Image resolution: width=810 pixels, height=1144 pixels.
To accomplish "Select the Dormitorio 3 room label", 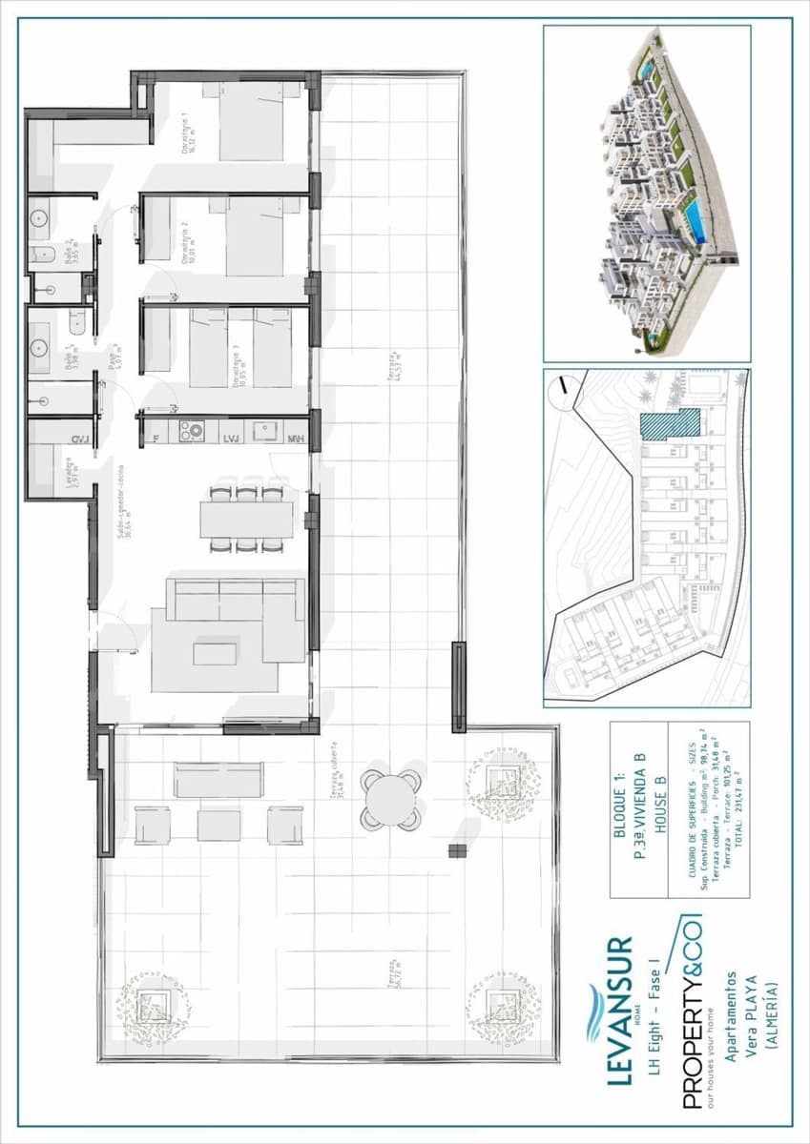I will [x=234, y=365].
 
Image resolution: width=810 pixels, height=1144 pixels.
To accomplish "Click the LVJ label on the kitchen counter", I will [x=229, y=439].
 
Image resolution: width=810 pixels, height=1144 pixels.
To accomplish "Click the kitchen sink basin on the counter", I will [x=264, y=432].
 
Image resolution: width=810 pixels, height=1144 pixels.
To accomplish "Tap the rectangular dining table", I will [x=246, y=519].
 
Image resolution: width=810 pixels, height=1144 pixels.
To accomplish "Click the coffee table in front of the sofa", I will [x=214, y=653].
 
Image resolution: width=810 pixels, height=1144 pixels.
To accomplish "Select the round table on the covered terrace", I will [x=392, y=799].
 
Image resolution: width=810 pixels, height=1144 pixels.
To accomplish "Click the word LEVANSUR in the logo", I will [x=619, y=1010].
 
